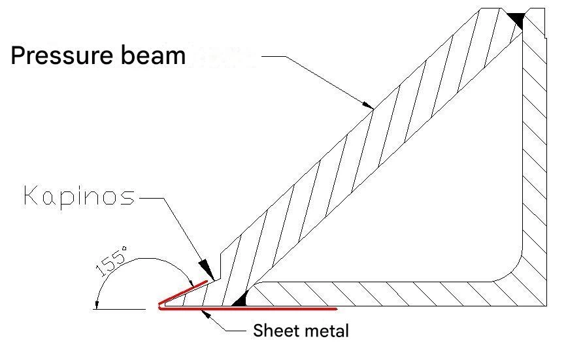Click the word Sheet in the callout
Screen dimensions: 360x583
273,331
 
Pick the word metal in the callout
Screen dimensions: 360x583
327,331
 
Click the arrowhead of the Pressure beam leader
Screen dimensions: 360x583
368,105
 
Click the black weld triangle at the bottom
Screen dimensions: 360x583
239,300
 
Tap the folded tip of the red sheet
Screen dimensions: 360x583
159,305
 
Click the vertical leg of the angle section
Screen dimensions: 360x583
535,163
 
